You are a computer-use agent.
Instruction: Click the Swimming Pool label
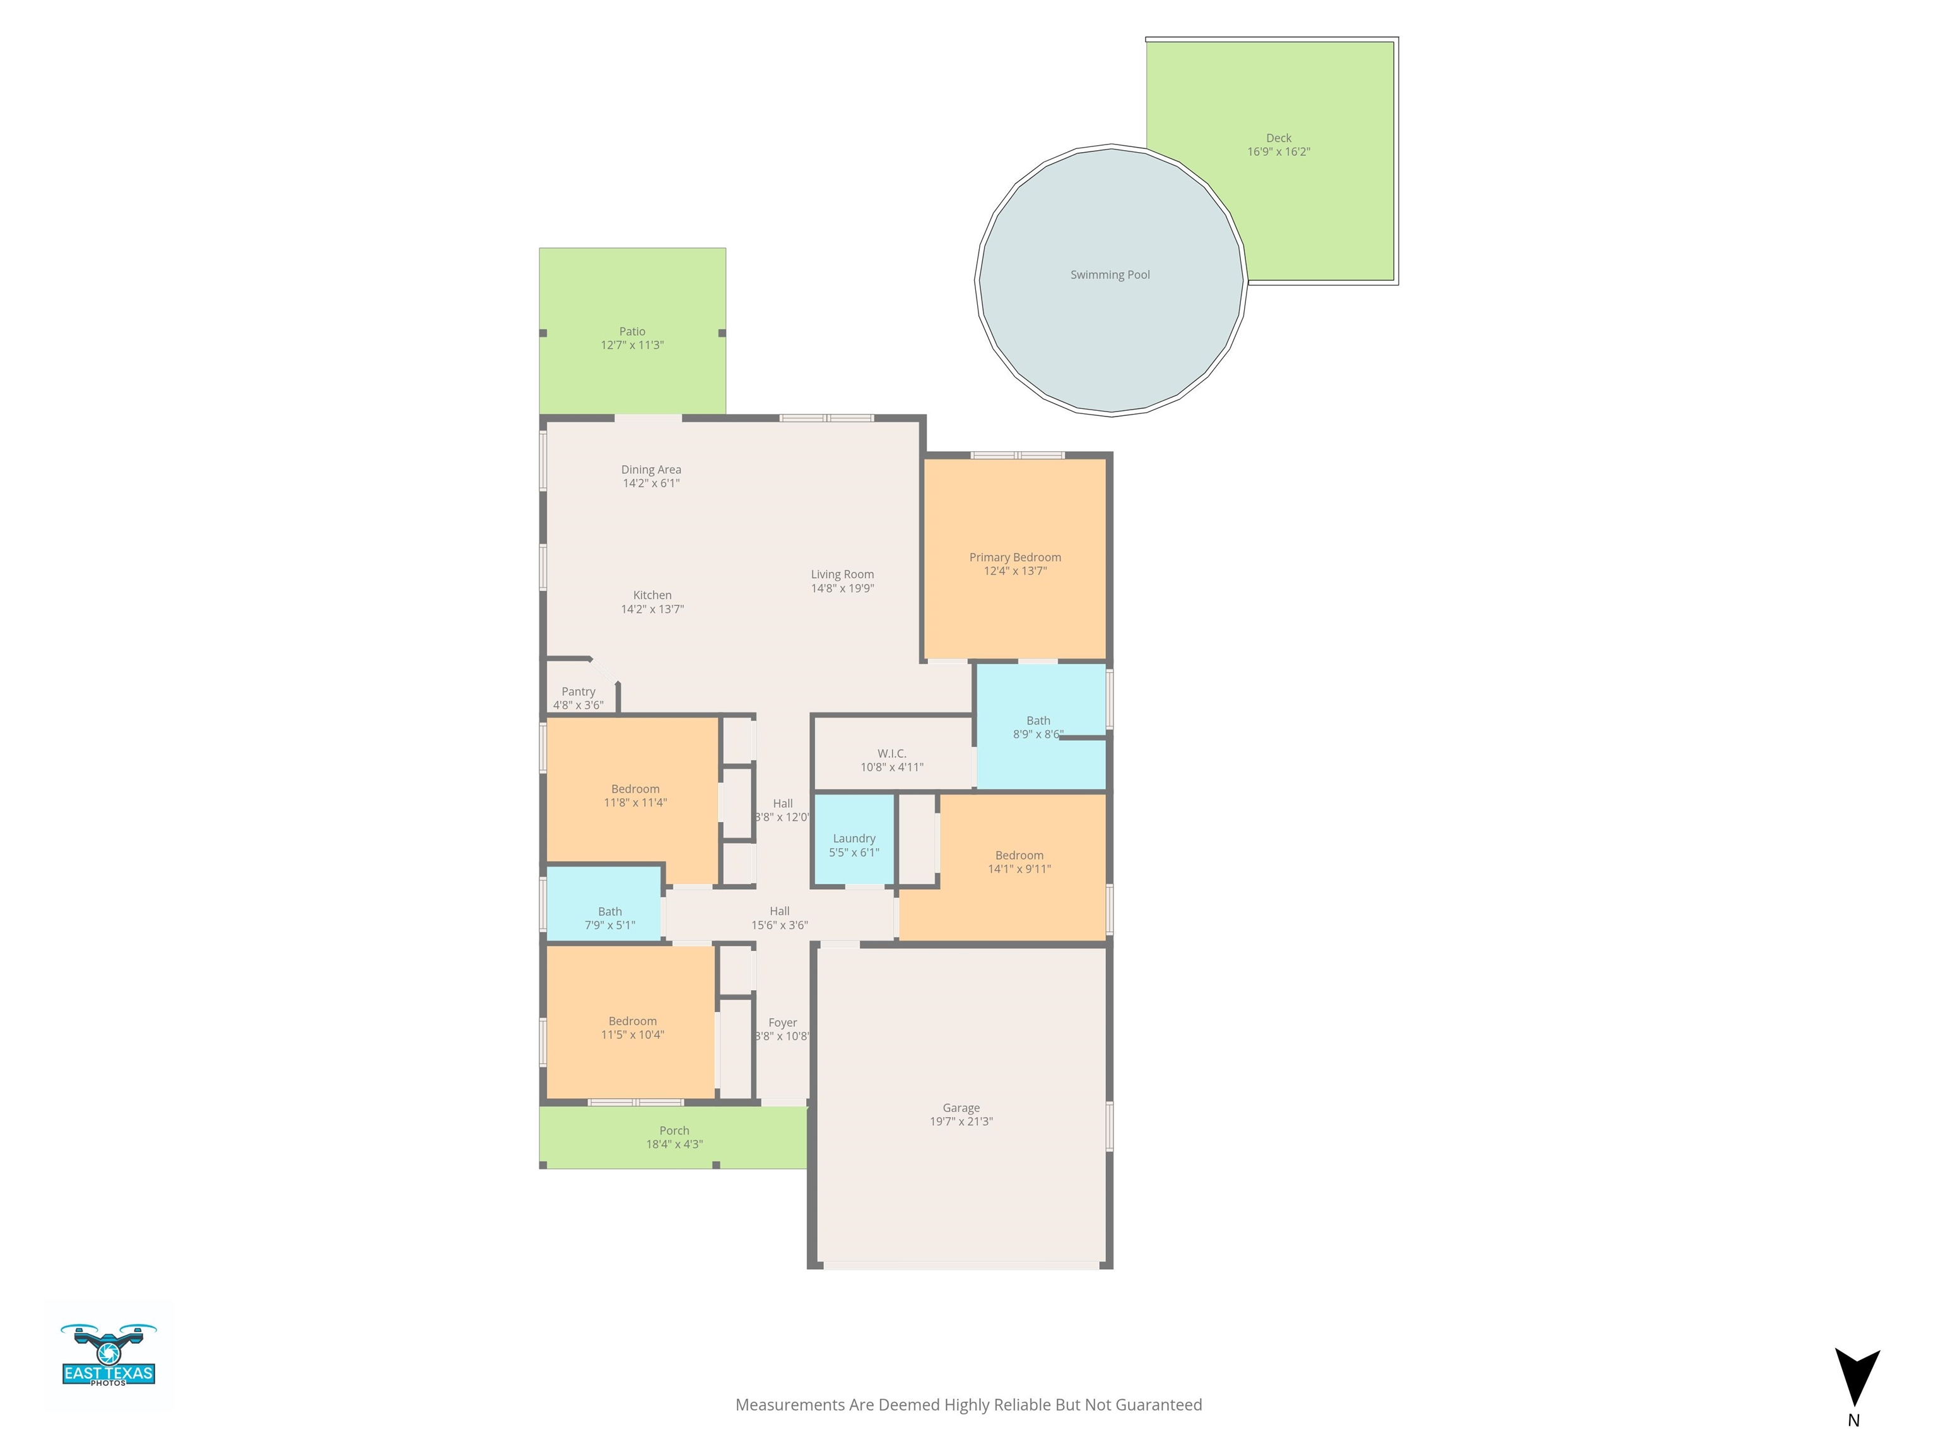coord(1110,275)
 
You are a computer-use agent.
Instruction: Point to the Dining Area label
coord(651,470)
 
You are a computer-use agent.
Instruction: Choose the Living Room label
coord(842,575)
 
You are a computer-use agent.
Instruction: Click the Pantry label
coord(578,692)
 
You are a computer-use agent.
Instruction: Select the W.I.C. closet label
coord(892,754)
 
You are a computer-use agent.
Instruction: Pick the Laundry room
coord(854,839)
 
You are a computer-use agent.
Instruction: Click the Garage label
coord(961,1108)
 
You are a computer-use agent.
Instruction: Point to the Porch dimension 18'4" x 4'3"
coord(674,1144)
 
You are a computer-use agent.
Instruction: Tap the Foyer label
coord(782,1023)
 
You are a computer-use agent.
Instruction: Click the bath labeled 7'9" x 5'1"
coord(604,904)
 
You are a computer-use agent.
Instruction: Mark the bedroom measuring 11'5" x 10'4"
coord(630,1022)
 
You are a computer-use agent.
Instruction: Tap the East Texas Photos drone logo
coord(109,1354)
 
